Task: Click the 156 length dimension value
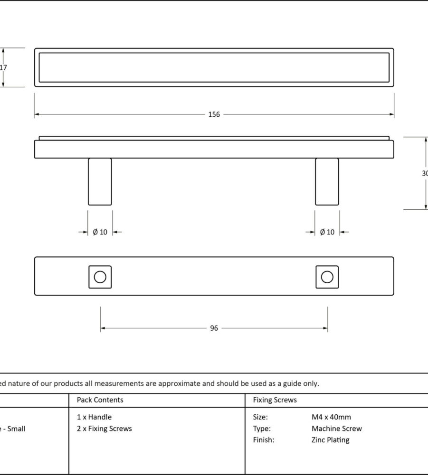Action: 214,114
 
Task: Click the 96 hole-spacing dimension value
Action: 214,328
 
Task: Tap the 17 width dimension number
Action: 3,67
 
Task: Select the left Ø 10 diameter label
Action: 100,232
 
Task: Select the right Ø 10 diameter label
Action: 327,232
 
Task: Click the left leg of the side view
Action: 100,182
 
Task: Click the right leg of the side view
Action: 327,182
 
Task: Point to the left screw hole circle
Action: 100,277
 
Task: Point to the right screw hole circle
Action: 327,277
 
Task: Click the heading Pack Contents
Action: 100,400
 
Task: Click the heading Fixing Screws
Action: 275,400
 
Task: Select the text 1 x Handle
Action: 94,417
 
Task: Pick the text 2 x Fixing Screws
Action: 104,428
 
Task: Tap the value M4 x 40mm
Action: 331,417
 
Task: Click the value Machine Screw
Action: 336,428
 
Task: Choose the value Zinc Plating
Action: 330,440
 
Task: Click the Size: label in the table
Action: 260,417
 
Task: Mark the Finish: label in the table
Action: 263,440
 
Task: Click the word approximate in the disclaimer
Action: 179,383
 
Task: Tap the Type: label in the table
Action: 262,428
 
